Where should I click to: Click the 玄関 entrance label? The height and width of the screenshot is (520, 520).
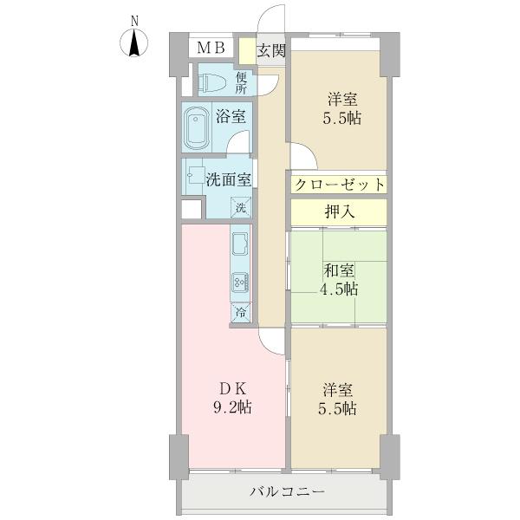[x=271, y=49]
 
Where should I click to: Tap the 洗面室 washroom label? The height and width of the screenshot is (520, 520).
[x=229, y=179]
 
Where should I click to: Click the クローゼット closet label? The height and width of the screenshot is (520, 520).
[x=337, y=185]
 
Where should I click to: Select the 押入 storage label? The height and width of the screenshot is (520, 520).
[x=337, y=211]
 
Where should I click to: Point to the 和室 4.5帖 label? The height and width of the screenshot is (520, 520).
[x=337, y=280]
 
